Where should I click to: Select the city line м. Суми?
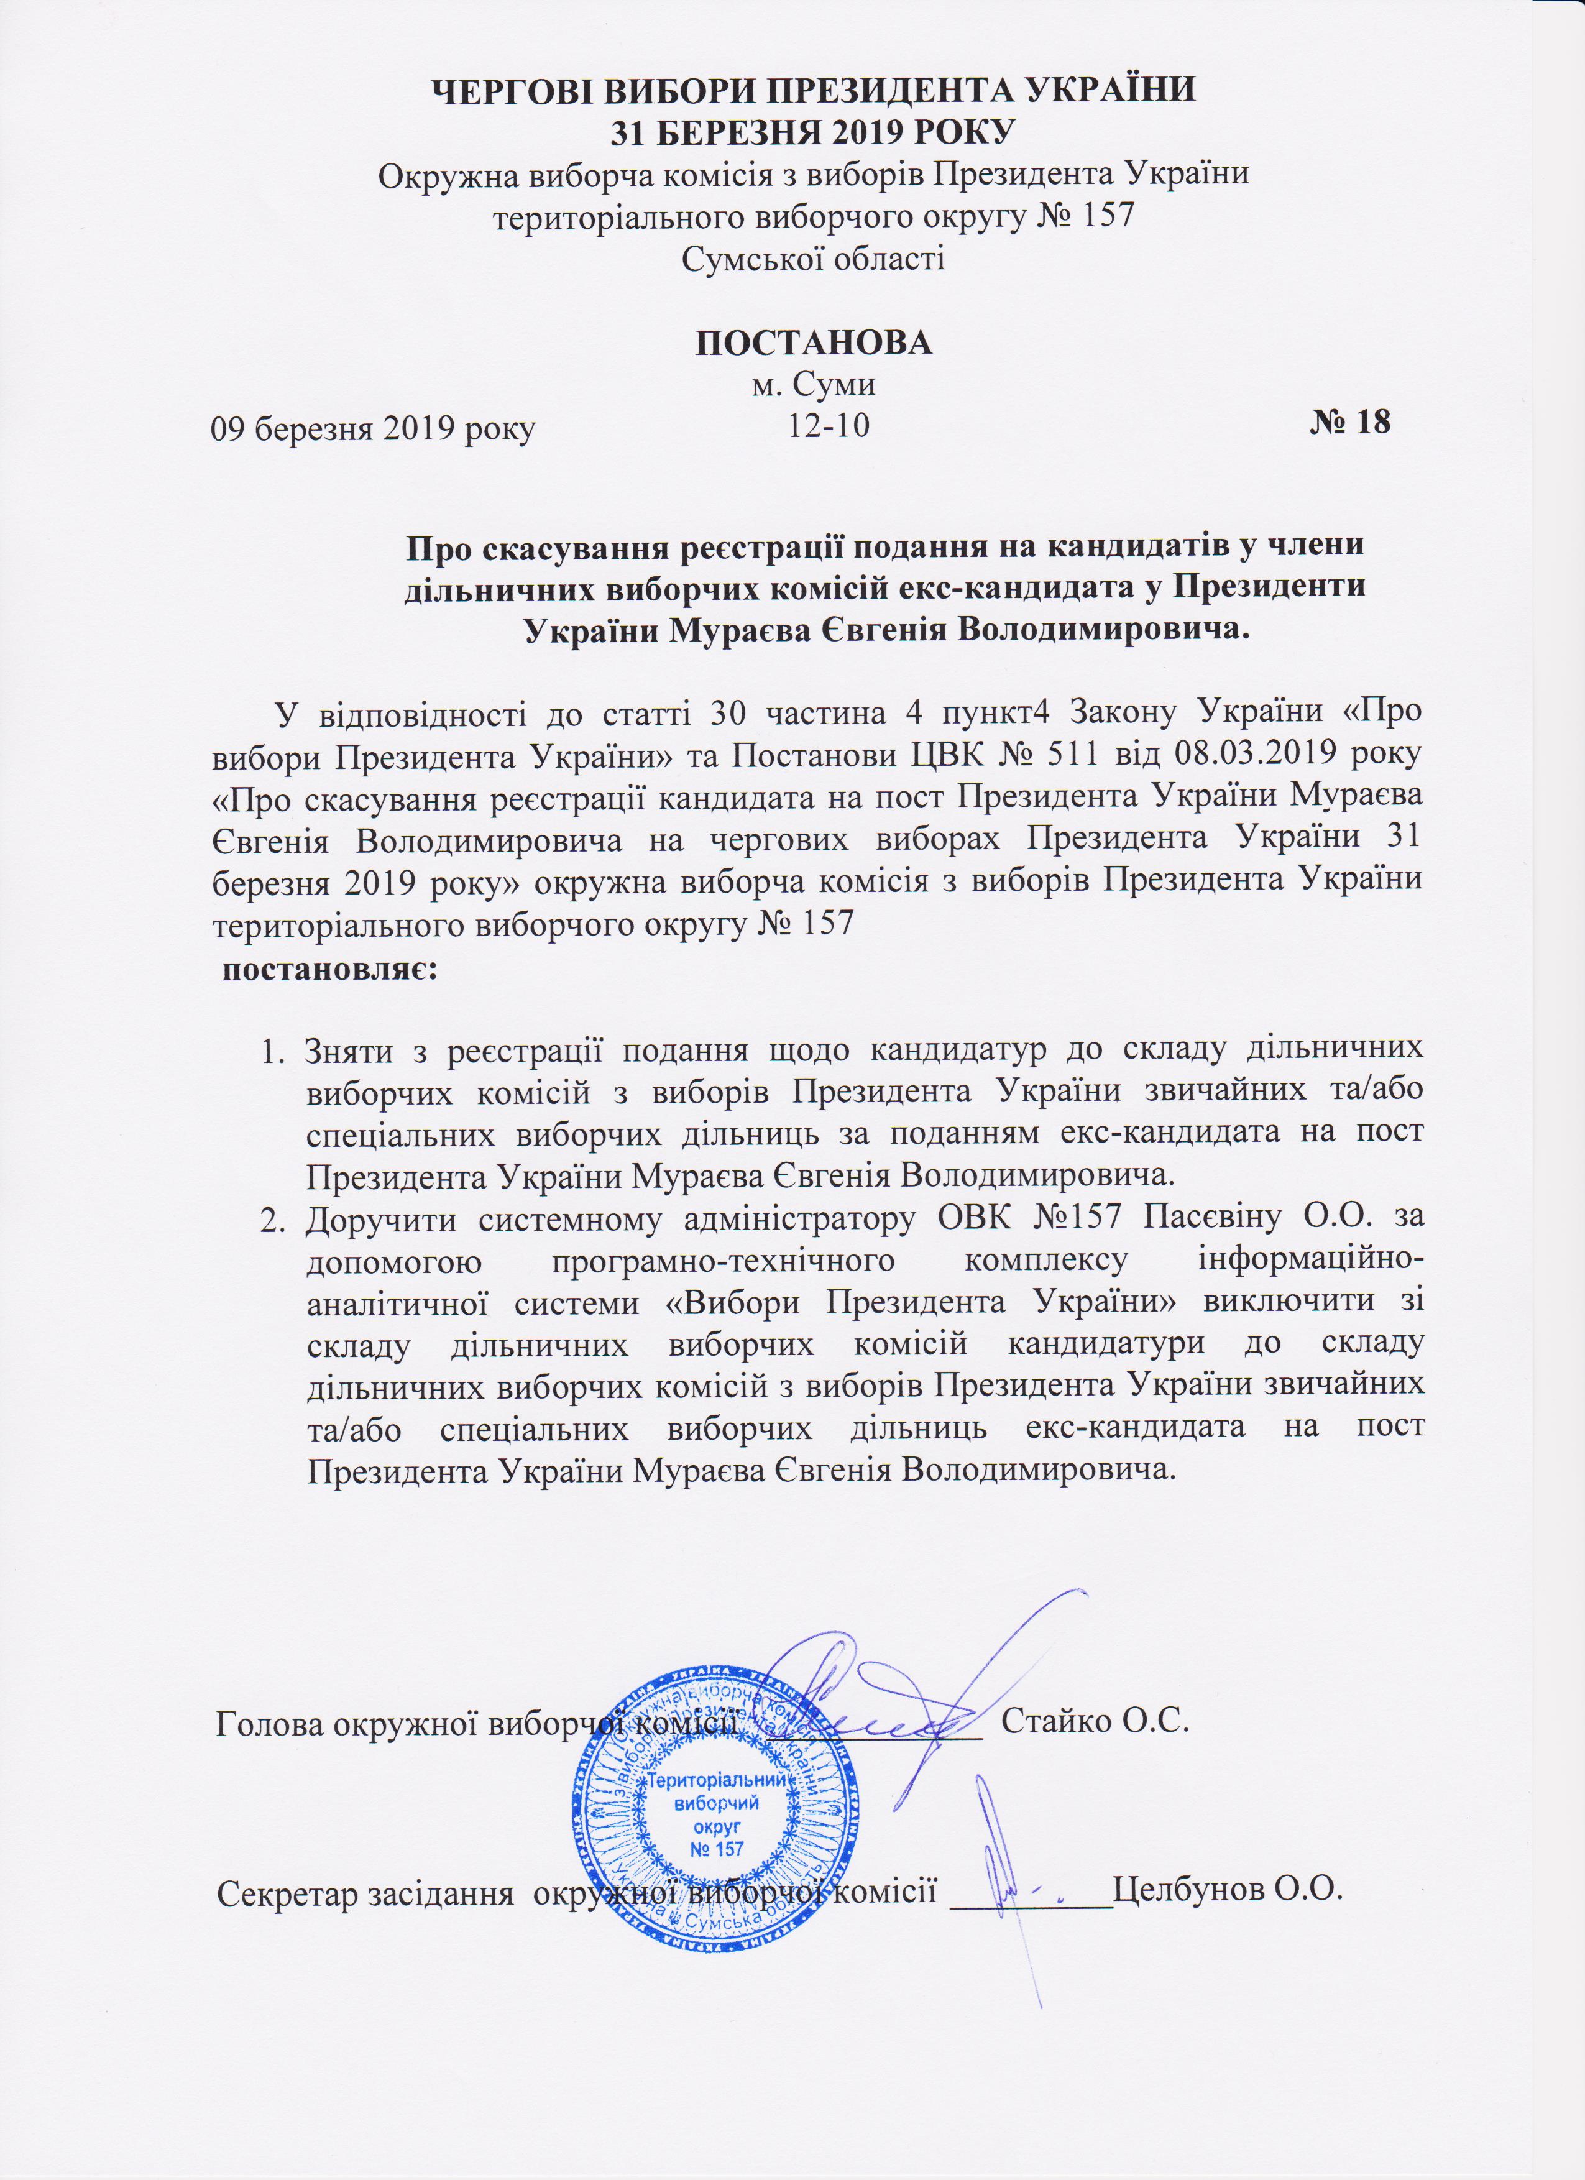click(812, 385)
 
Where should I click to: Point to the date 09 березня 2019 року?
click(373, 428)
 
